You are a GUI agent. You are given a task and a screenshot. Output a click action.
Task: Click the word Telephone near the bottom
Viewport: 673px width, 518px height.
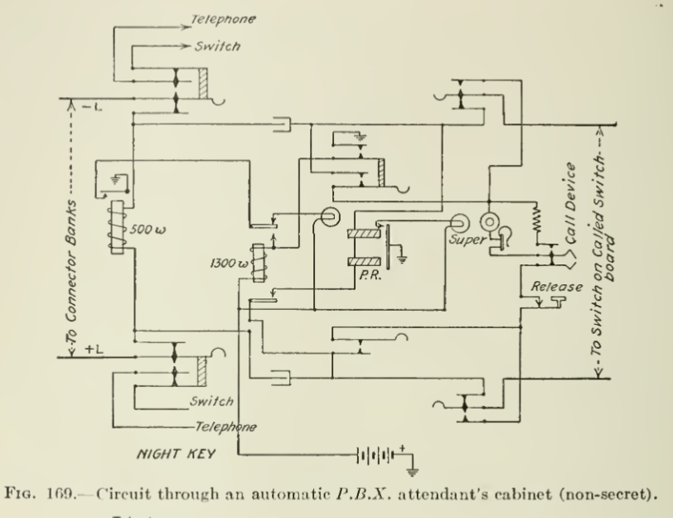[x=224, y=427]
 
